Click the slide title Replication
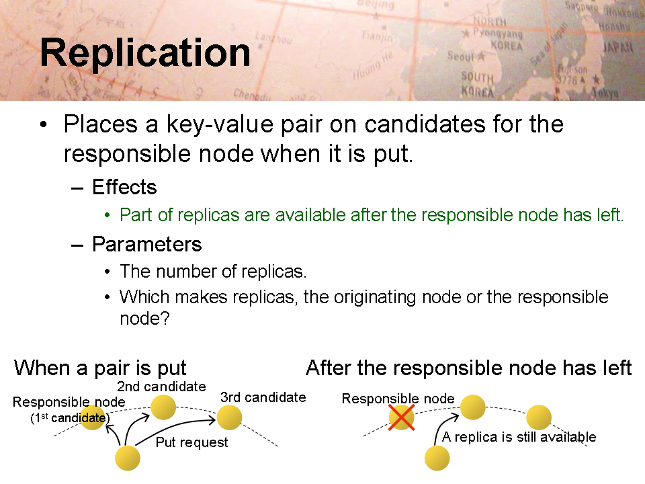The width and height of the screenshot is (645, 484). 145,52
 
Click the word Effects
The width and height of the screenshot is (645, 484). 124,188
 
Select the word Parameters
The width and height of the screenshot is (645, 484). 147,245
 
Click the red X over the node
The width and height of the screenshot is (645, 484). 402,417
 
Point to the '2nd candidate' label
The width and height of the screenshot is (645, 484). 161,387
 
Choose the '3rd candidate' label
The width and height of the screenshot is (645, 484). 263,397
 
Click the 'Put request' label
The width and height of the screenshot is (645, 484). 191,442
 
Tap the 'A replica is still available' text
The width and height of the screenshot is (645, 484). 519,437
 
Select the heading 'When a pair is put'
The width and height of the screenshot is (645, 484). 100,368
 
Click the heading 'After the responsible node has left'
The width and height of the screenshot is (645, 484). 469,368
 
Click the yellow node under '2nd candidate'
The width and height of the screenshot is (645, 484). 163,407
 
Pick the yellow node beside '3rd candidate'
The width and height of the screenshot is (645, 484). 229,417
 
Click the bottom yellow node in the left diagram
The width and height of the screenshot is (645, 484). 128,458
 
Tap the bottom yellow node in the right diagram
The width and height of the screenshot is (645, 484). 437,458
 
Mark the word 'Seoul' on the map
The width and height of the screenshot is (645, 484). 461,56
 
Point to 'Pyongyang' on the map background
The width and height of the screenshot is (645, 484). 497,33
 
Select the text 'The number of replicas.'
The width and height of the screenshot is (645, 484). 213,272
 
